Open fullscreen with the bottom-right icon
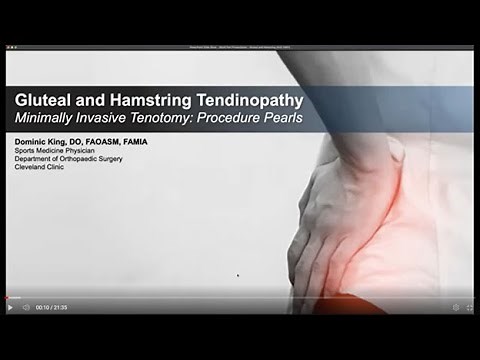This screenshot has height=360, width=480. click(x=469, y=308)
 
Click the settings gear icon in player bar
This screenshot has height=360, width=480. click(x=456, y=308)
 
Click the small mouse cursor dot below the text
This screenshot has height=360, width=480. click(x=237, y=275)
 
